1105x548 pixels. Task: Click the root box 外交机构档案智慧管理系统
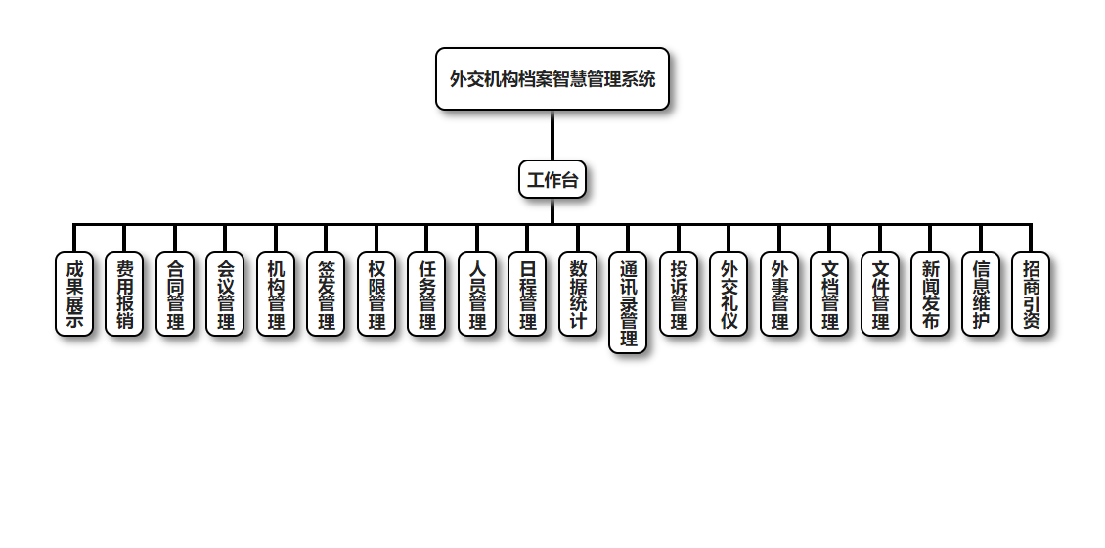552,79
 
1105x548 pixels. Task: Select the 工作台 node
552,180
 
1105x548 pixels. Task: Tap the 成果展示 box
74,295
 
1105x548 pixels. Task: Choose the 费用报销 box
124,295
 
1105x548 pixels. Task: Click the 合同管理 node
175,295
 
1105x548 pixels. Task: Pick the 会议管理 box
225,295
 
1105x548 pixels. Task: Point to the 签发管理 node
326,295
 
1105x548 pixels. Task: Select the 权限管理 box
376,295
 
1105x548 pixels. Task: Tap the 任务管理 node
426,295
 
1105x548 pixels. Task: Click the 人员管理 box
477,295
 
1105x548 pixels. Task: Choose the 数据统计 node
578,295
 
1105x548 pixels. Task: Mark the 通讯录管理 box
628,303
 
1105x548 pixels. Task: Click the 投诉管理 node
679,295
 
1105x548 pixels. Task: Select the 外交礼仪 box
729,295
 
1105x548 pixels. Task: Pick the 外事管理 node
779,295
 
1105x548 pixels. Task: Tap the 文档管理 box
829,295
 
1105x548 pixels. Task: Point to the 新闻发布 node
930,295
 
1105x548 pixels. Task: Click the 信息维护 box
981,295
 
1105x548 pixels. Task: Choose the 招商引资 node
1031,295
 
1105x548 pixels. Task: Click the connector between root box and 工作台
552,136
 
